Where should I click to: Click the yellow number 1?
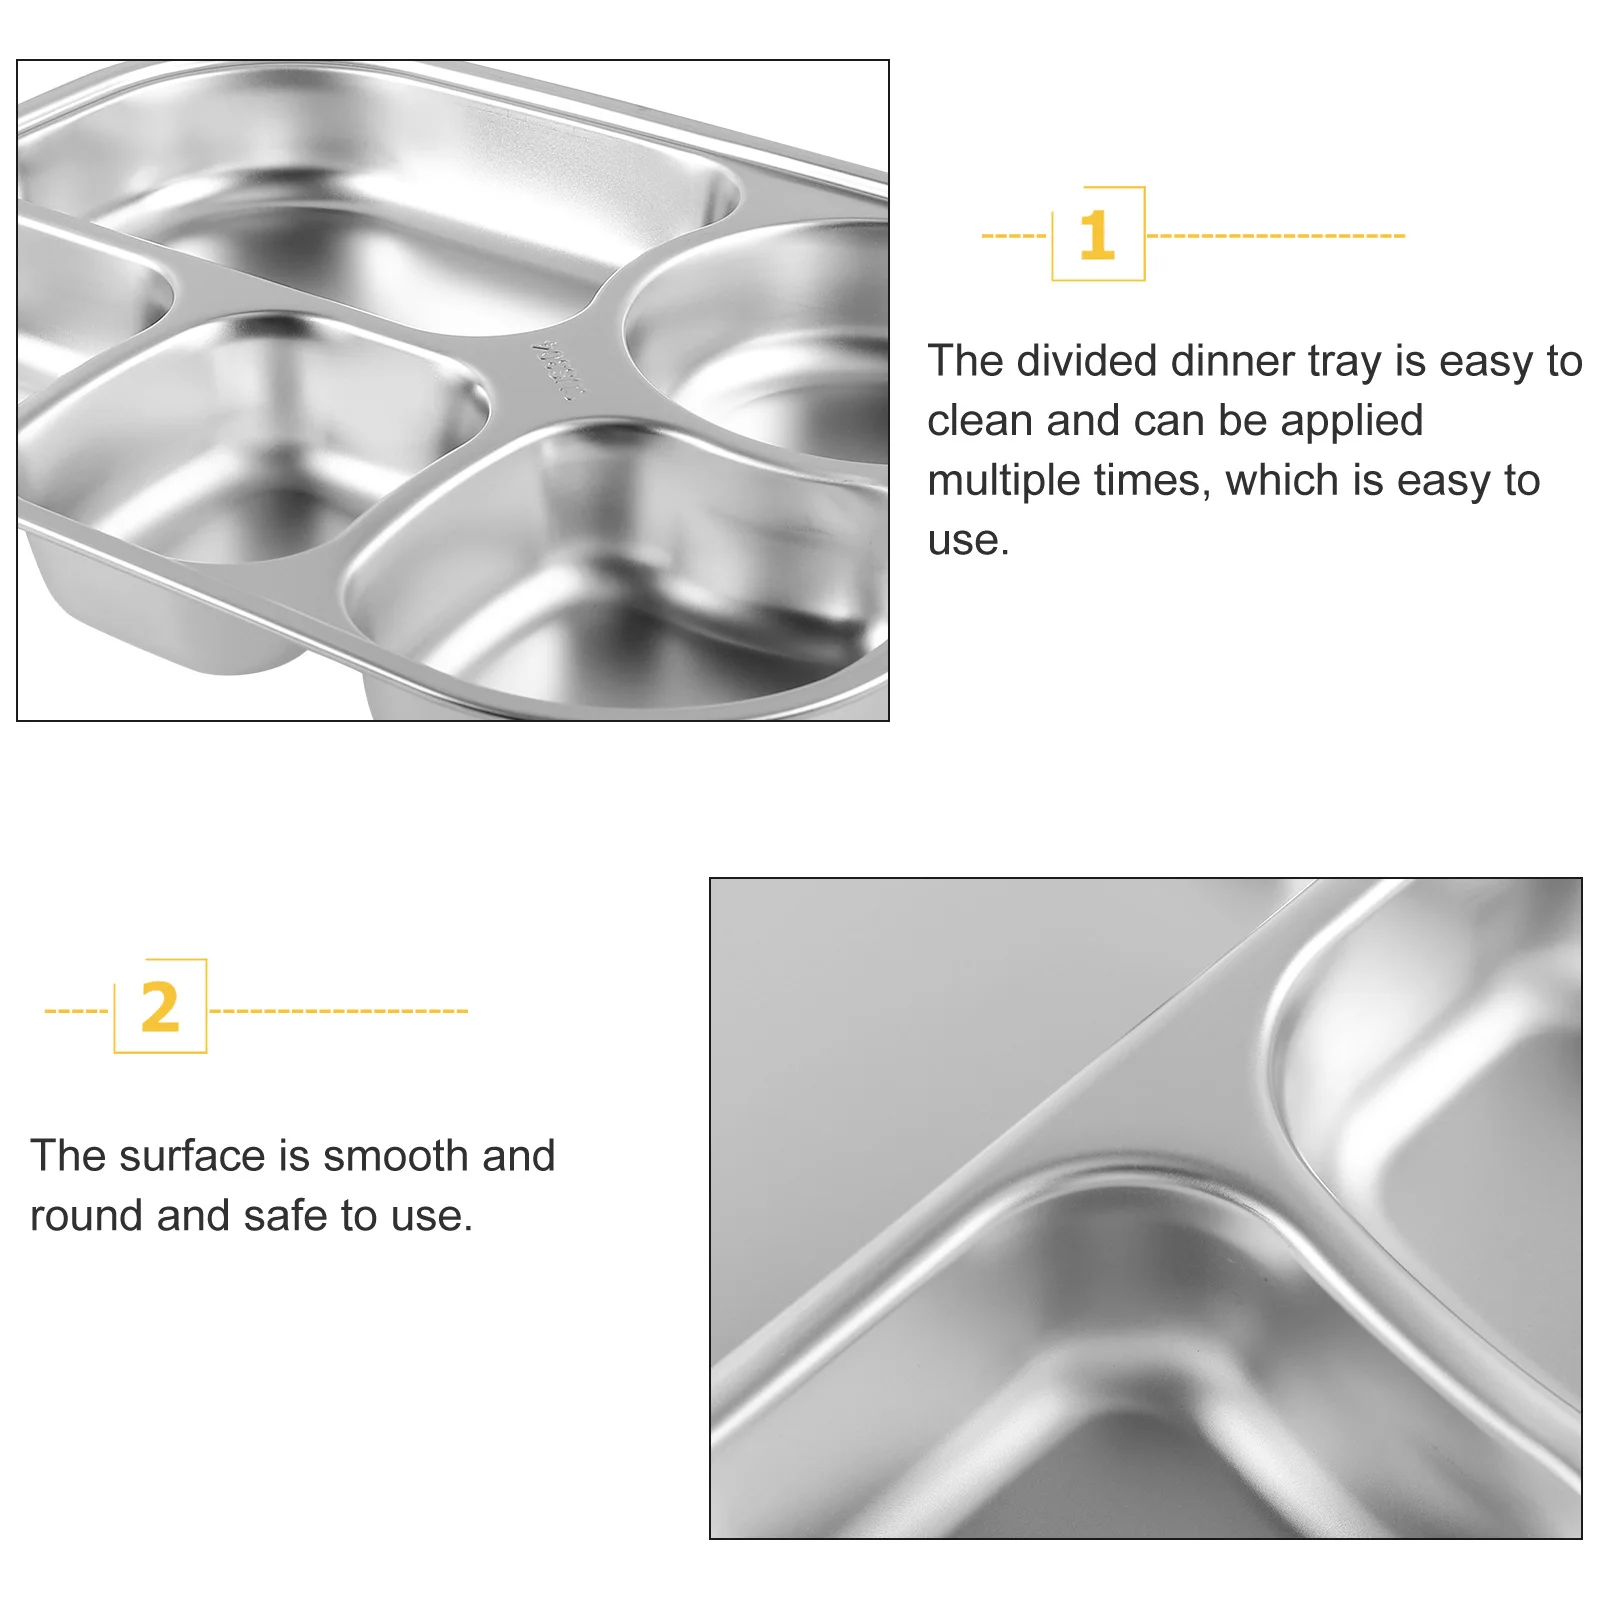click(x=1097, y=235)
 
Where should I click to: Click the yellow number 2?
click(x=160, y=1007)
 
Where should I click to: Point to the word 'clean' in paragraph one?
click(x=980, y=421)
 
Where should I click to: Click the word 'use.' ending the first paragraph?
click(x=968, y=541)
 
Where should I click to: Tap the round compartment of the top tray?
click(x=770, y=340)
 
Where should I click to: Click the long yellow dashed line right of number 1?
click(x=1275, y=236)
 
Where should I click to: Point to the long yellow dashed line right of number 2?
click(x=338, y=1011)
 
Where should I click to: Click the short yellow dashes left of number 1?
click(x=1013, y=236)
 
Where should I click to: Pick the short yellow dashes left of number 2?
click(x=76, y=1011)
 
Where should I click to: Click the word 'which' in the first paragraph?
click(x=1283, y=481)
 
